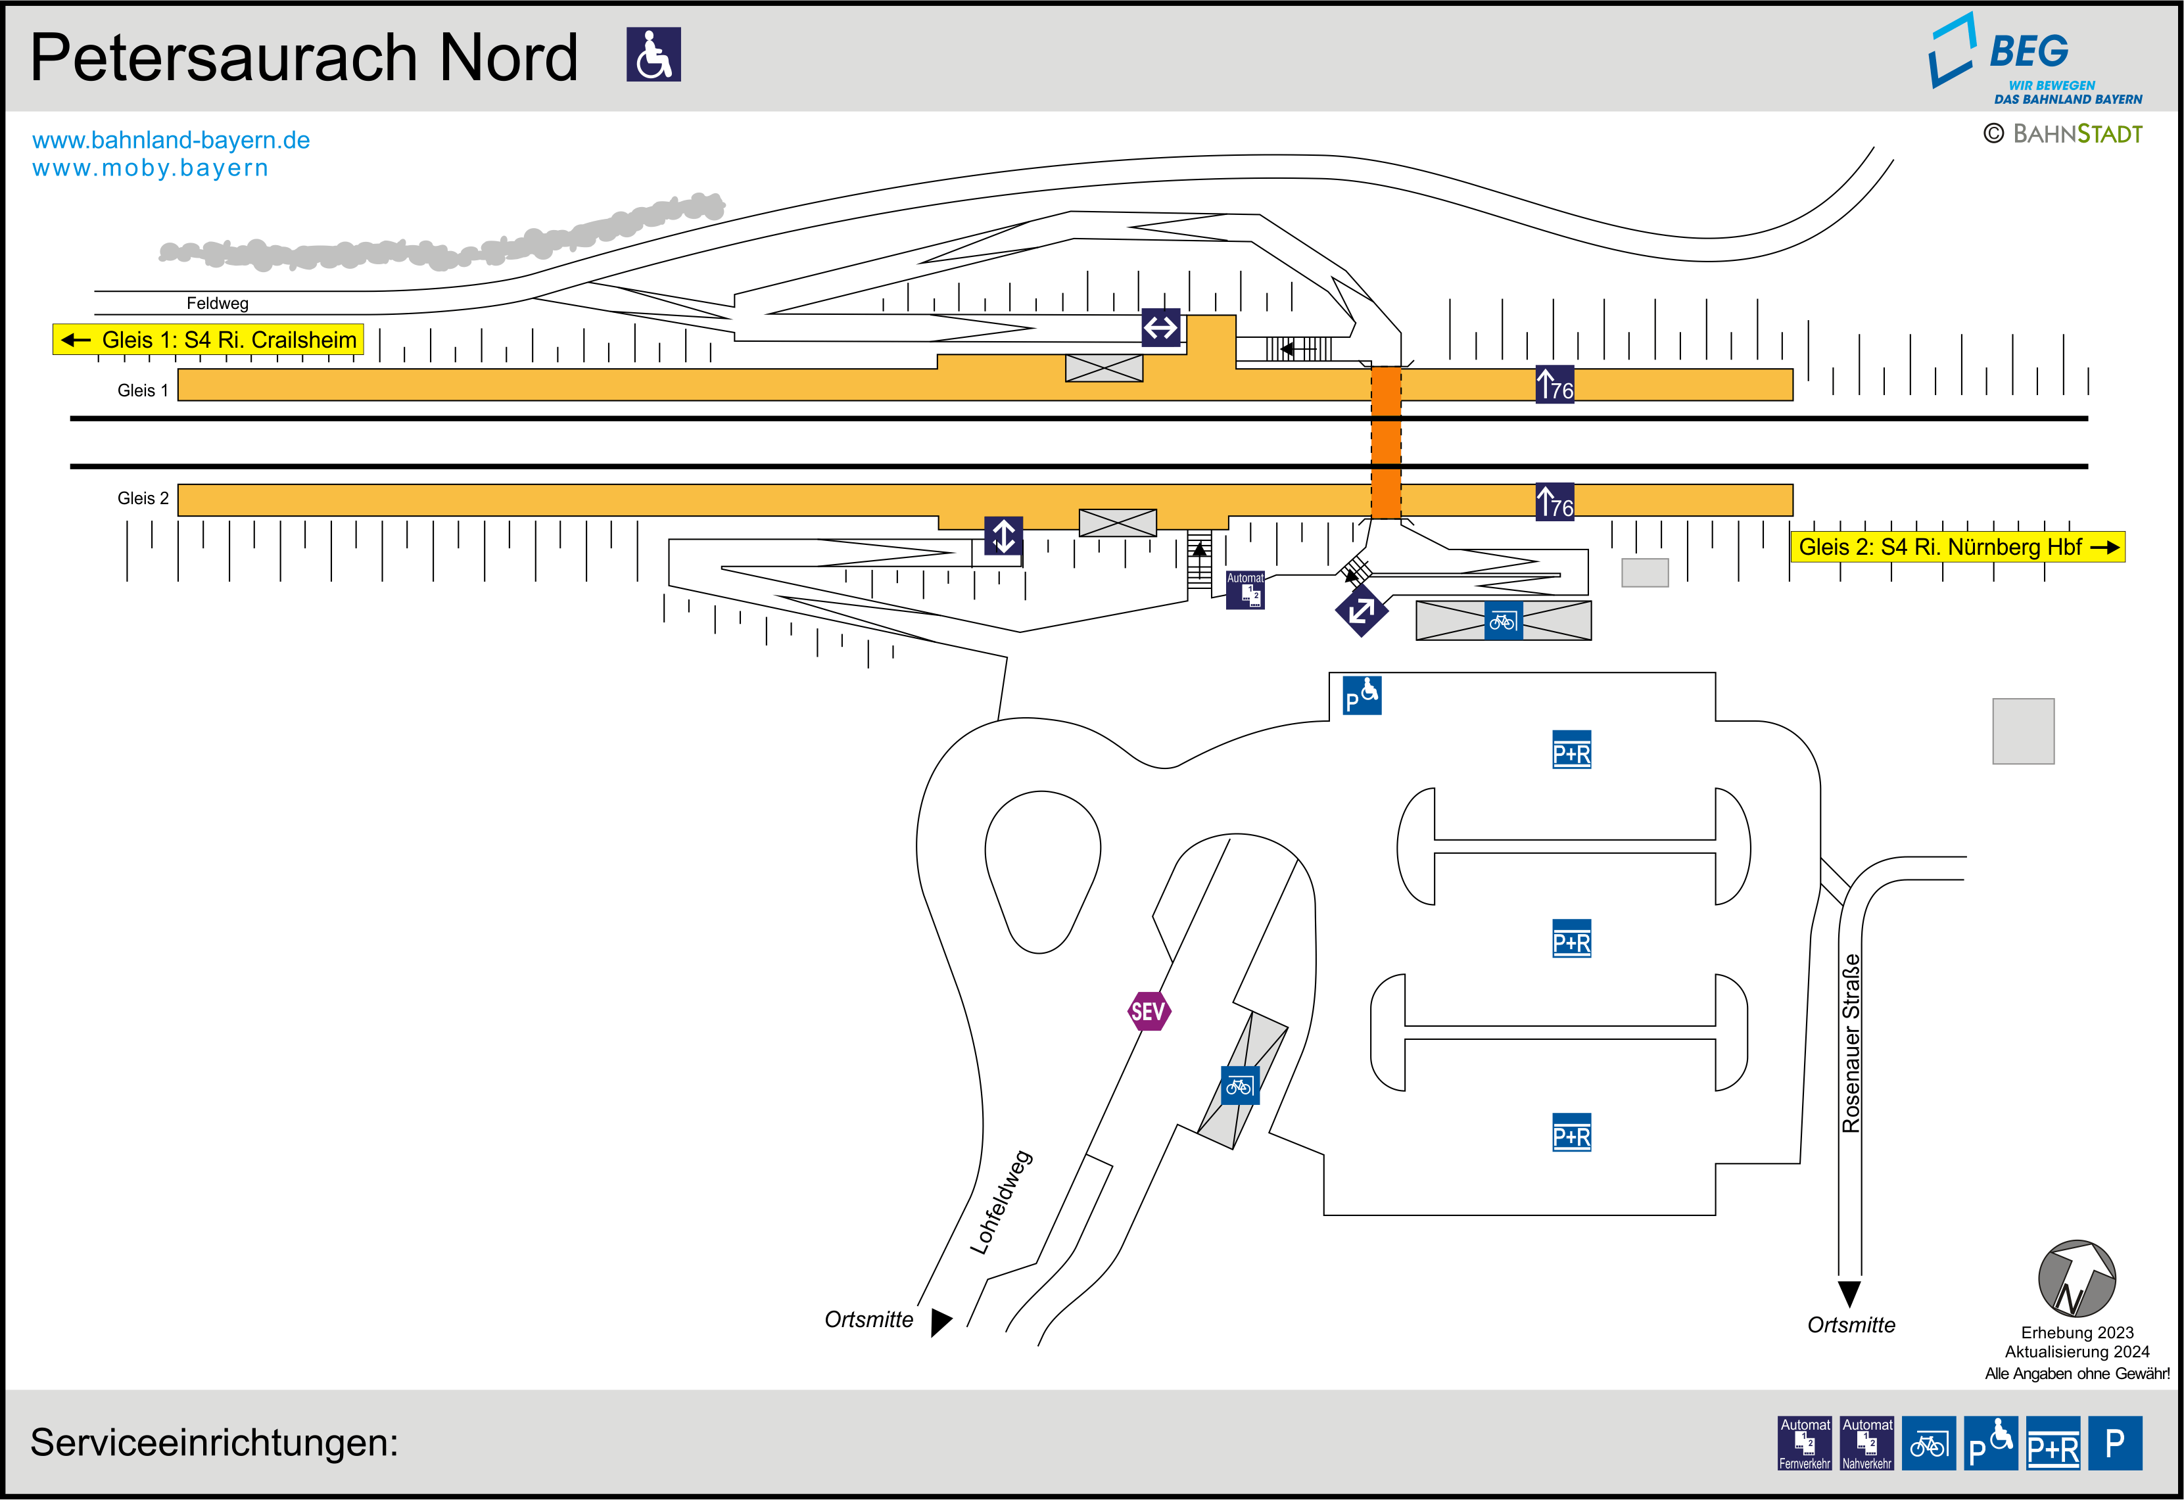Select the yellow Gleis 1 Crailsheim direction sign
tap(208, 339)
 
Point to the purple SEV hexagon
tap(1149, 1011)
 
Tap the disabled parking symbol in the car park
tap(1362, 695)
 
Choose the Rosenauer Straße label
tap(1851, 1043)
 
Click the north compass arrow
tap(2077, 1279)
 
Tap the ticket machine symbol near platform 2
tap(1245, 590)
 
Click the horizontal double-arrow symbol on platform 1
tap(1160, 328)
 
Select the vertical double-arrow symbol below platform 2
tap(1004, 536)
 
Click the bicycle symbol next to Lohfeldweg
tap(1239, 1085)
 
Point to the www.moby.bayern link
tap(151, 168)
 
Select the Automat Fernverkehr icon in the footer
tap(1805, 1443)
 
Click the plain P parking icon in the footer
tap(2114, 1443)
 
